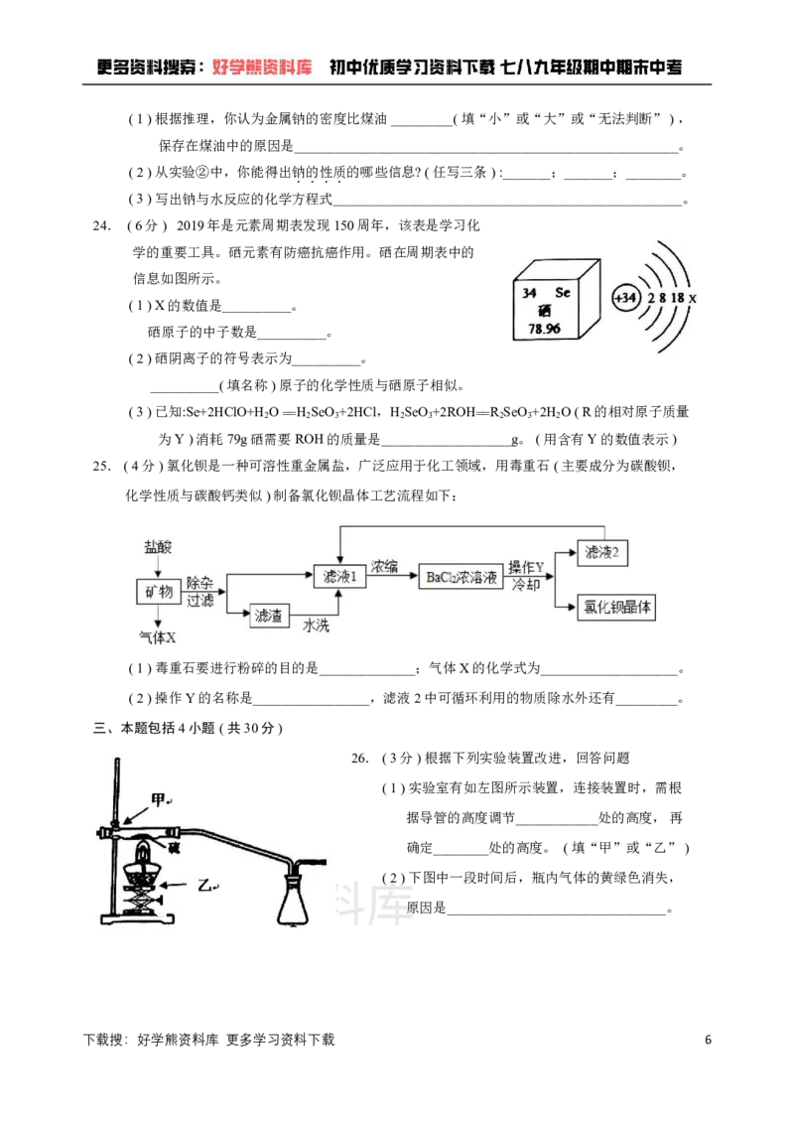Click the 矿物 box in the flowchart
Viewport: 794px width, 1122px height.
159,592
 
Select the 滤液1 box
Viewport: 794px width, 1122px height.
339,576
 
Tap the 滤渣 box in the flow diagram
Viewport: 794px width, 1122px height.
268,616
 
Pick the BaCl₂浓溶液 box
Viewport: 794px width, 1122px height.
462,577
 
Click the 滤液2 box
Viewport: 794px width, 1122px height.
602,552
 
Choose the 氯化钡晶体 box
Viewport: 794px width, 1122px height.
616,608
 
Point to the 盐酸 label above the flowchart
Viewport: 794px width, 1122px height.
158,547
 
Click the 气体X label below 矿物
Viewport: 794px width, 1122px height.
158,636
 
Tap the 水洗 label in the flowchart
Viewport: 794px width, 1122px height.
317,626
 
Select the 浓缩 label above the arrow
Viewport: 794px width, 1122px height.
384,567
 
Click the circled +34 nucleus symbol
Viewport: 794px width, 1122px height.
625,298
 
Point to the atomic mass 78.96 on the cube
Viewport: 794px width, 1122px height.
544,329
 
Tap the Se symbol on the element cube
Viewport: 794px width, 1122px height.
563,292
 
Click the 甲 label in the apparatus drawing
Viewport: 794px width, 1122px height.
159,799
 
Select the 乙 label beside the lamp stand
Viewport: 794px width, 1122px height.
205,885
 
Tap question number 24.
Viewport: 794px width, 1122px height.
101,226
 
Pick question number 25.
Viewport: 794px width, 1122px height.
101,467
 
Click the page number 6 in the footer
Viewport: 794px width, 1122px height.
709,1040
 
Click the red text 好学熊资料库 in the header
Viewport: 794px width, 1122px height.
263,68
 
